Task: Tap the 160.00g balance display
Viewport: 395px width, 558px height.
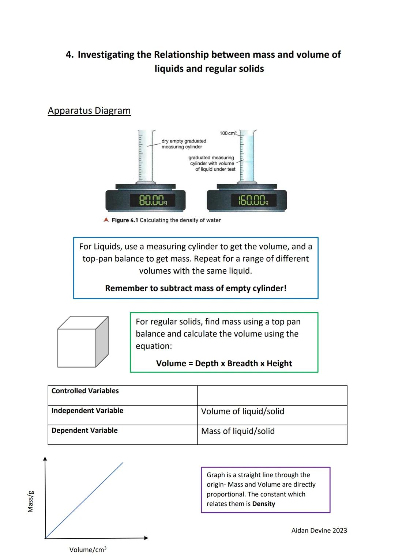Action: (253, 201)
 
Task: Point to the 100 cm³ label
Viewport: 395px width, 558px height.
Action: (228, 133)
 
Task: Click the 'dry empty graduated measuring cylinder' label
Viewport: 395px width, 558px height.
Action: (184, 144)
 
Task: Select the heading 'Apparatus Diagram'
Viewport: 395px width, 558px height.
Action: (89, 111)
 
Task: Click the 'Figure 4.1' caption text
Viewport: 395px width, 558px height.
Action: (166, 220)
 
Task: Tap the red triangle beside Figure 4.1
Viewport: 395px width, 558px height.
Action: (106, 220)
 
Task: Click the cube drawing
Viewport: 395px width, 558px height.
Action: (83, 342)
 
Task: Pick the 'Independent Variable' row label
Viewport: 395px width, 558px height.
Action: (87, 411)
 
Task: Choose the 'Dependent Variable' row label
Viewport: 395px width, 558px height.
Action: (84, 430)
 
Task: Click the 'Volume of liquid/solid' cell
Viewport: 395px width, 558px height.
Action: (242, 411)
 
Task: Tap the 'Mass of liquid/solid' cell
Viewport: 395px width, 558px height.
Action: (238, 431)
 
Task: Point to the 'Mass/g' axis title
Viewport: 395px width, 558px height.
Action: (31, 501)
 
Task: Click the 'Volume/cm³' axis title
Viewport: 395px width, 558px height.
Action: (88, 550)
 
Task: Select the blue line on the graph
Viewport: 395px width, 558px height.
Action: (84, 500)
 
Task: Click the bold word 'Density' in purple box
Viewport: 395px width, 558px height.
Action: (264, 504)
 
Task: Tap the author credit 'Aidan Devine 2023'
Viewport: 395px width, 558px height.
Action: (319, 531)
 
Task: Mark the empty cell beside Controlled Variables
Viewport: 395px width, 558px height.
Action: (272, 395)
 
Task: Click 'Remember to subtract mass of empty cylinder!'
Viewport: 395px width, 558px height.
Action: (196, 288)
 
